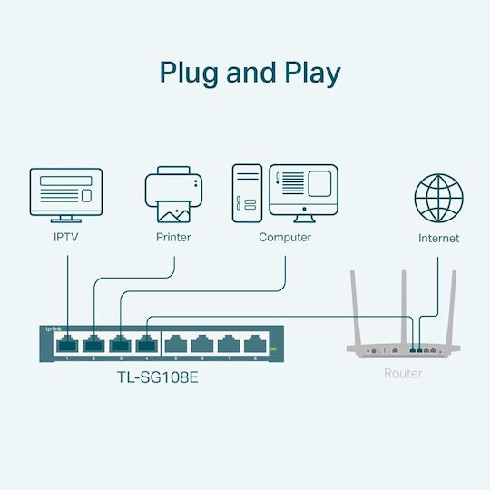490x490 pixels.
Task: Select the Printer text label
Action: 173,238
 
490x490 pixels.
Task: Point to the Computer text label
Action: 285,238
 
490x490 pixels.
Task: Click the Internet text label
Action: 438,239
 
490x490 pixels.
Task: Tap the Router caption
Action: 403,374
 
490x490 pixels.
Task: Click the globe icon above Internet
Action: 438,196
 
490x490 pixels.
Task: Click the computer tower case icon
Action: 247,193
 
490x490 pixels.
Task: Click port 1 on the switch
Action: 67,345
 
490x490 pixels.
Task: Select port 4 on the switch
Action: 146,345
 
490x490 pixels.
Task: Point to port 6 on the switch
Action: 201,345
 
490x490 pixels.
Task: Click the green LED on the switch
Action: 272,349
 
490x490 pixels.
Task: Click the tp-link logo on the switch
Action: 54,328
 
